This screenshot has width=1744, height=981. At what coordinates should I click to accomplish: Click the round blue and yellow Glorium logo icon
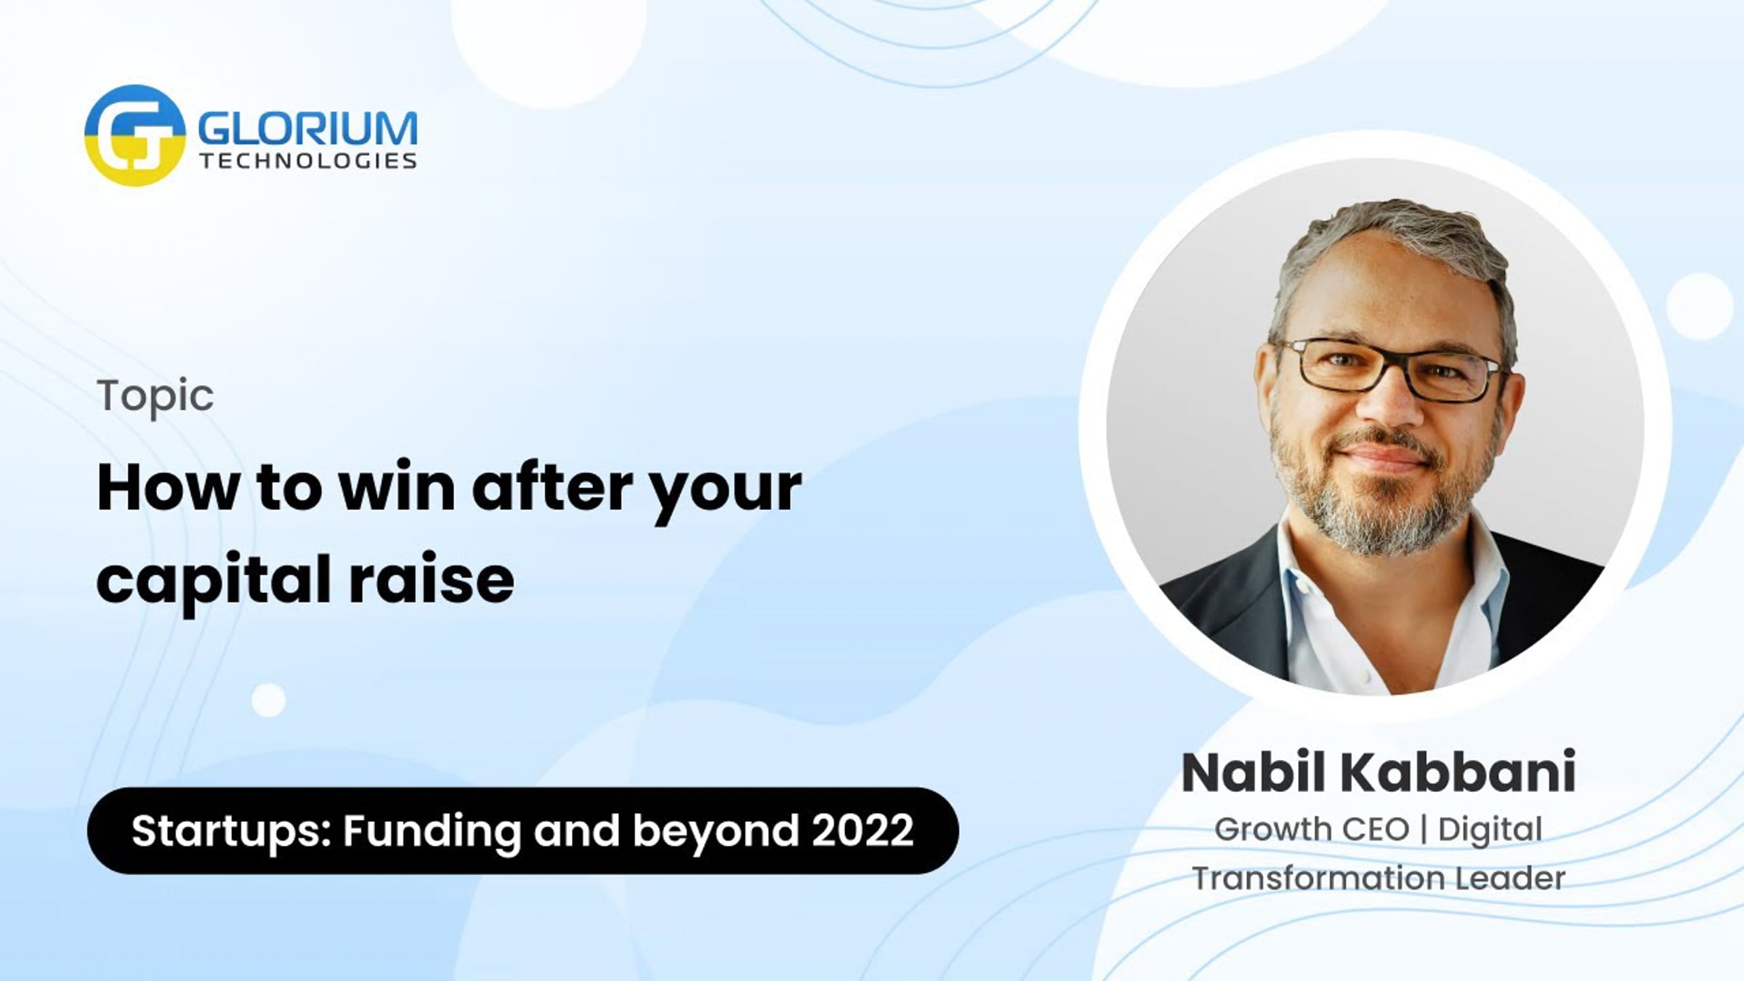click(134, 135)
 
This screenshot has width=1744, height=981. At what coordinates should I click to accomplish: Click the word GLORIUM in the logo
click(308, 129)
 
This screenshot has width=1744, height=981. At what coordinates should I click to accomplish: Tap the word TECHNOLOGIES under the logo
click(308, 161)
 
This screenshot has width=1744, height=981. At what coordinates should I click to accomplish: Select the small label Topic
click(156, 397)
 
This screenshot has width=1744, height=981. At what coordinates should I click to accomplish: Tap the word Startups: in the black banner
click(232, 831)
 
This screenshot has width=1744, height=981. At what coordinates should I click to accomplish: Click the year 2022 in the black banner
click(863, 830)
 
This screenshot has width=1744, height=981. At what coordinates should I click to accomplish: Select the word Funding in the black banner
click(432, 831)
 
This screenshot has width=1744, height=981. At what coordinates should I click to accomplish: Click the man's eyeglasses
click(1389, 369)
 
